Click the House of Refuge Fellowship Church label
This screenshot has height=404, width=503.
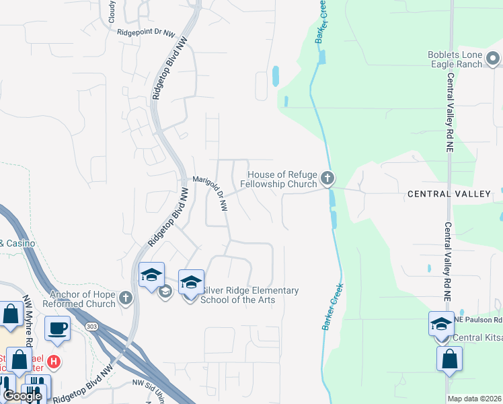pyautogui.click(x=278, y=179)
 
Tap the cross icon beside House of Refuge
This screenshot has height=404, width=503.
pyautogui.click(x=327, y=178)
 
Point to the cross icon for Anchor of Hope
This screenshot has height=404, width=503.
pyautogui.click(x=125, y=298)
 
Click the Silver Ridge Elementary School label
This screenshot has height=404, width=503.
pyautogui.click(x=249, y=295)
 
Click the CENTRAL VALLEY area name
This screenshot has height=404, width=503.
pyautogui.click(x=449, y=194)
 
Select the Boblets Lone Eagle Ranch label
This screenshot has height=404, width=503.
pyautogui.click(x=456, y=59)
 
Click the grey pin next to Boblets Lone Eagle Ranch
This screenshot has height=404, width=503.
pyautogui.click(x=494, y=60)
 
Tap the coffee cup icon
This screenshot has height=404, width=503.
pyautogui.click(x=57, y=329)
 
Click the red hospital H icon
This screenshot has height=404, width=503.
pyautogui.click(x=54, y=362)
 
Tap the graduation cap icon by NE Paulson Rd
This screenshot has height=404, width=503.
pyautogui.click(x=441, y=324)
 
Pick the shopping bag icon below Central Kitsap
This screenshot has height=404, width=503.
pyautogui.click(x=449, y=359)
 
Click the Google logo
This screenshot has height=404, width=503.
pyautogui.click(x=22, y=396)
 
